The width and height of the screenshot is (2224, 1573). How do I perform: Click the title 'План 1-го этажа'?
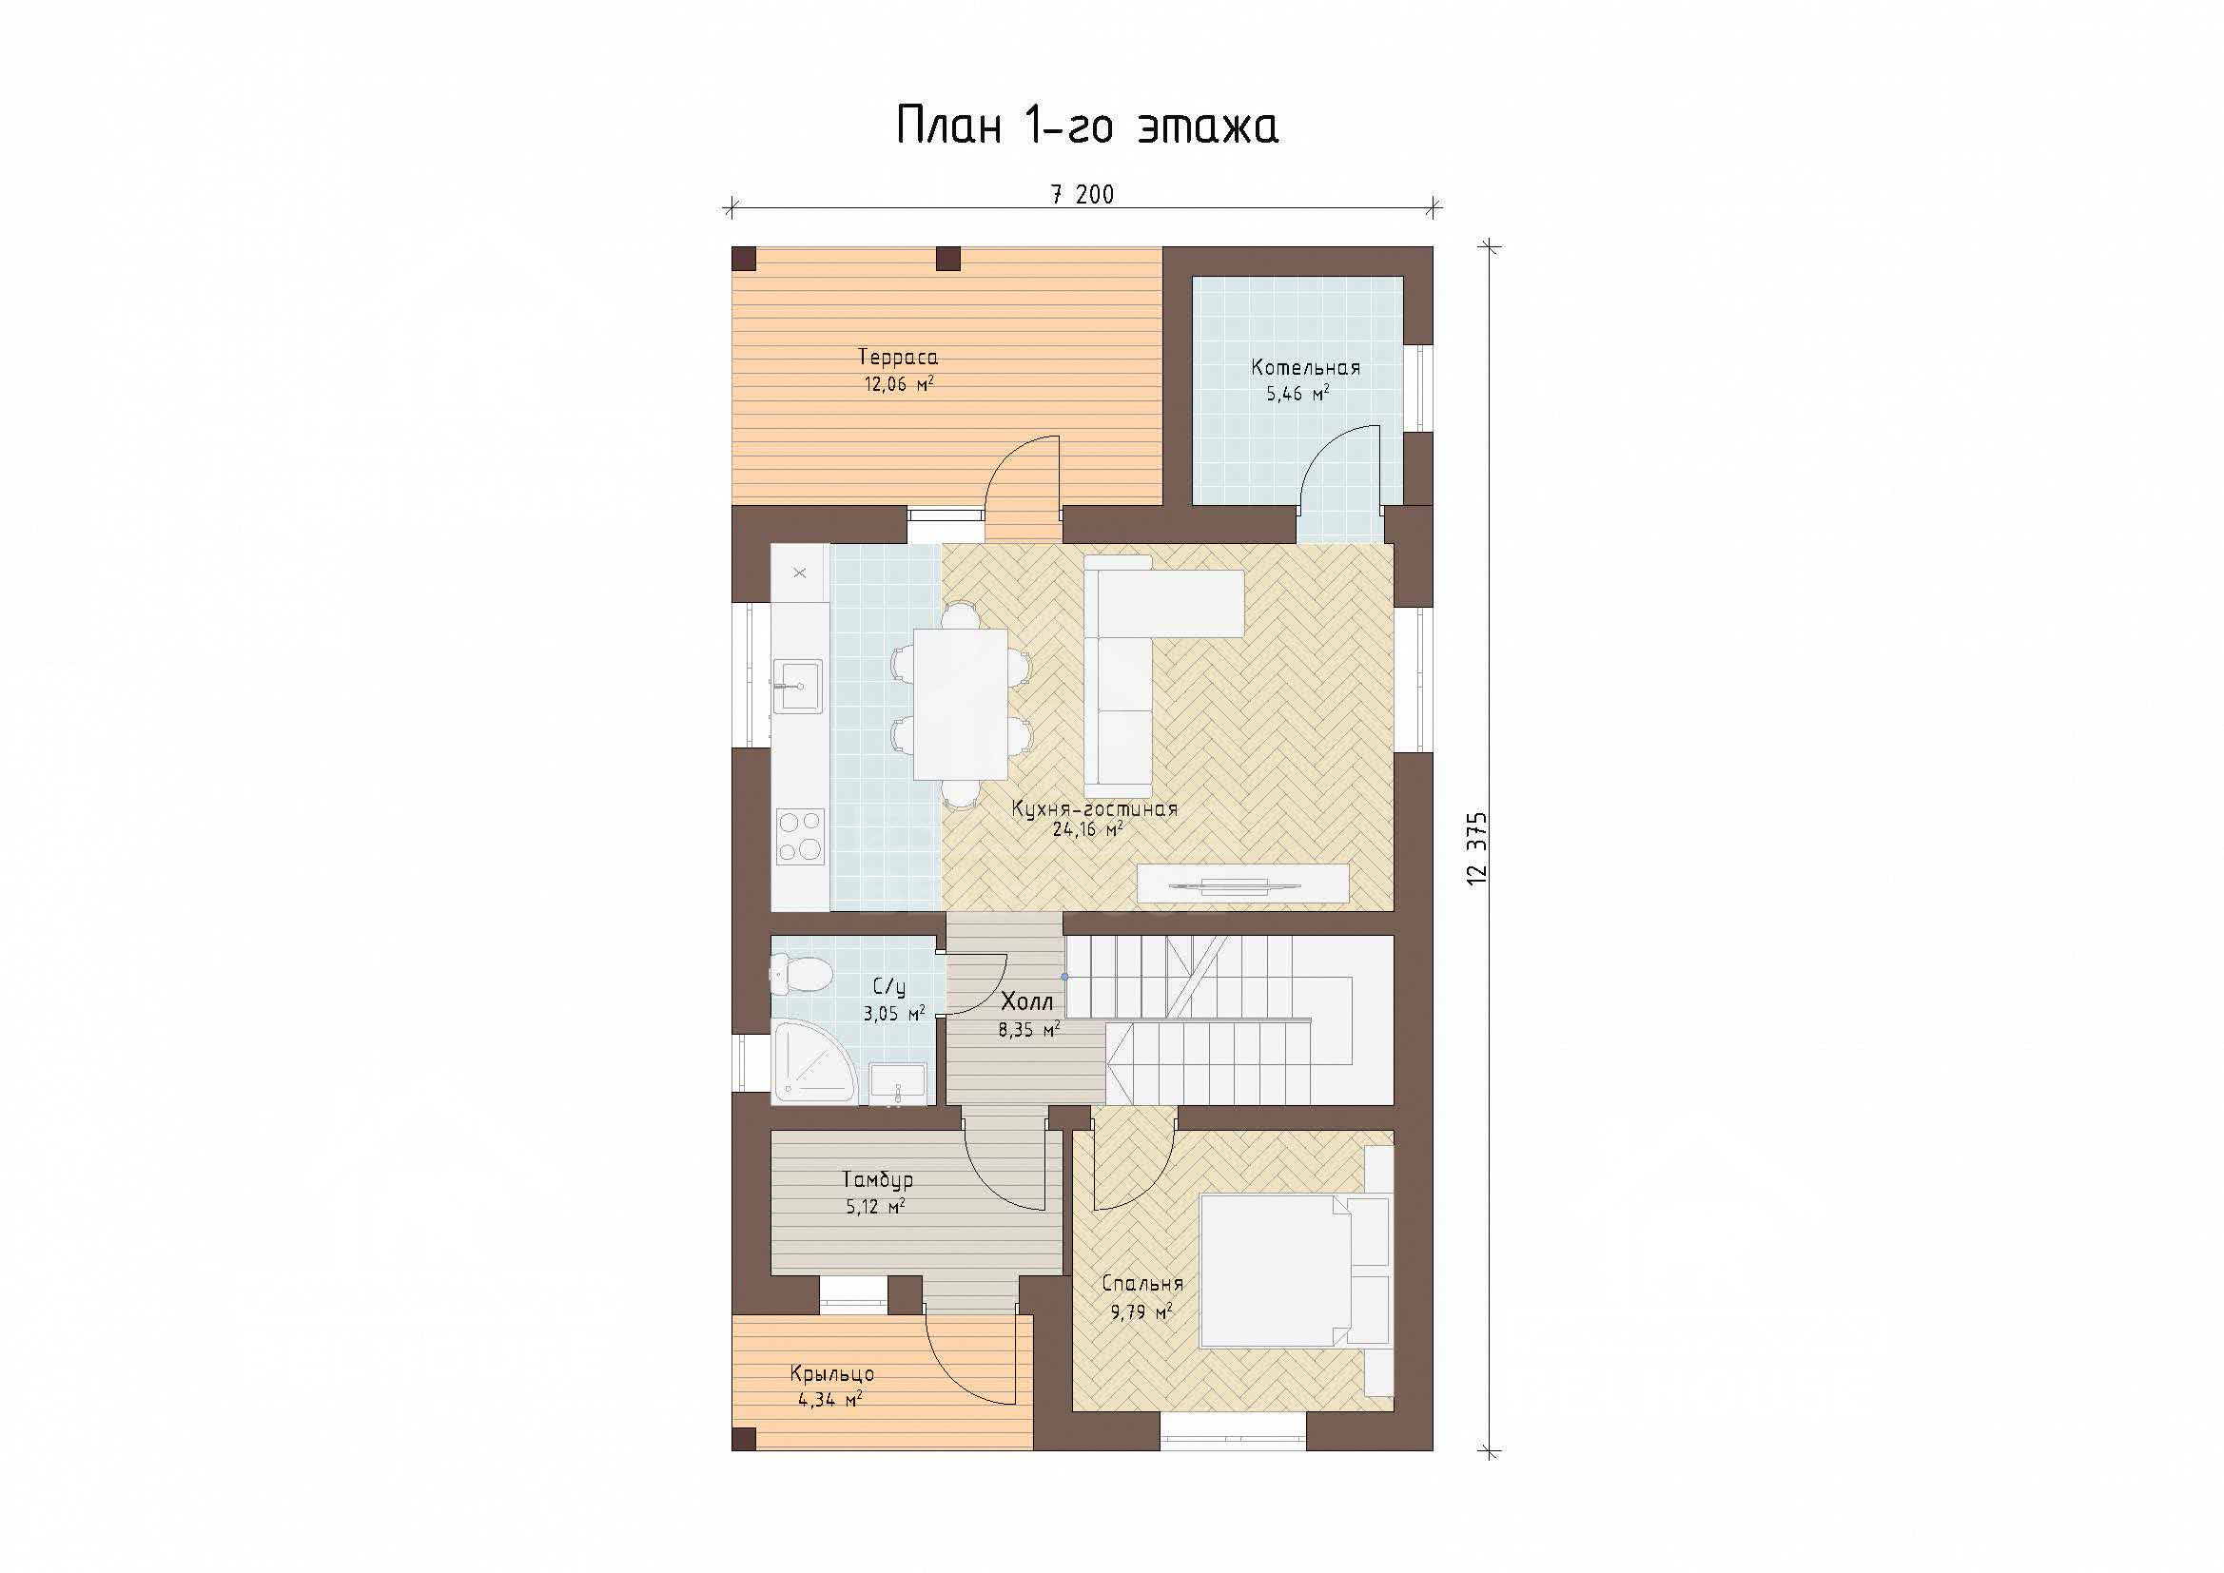(x=1087, y=126)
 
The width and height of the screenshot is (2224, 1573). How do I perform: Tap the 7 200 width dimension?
(x=1082, y=195)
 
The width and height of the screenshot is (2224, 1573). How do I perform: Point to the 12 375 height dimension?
(x=1477, y=845)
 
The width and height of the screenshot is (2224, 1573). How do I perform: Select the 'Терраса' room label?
(x=898, y=358)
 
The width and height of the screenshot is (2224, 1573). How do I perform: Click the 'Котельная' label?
(x=1306, y=368)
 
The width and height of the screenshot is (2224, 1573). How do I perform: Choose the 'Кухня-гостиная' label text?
(x=1095, y=808)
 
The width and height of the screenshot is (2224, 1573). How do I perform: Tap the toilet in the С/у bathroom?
(x=800, y=973)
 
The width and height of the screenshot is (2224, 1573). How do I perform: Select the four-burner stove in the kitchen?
(x=800, y=836)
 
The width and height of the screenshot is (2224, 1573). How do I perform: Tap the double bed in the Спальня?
(x=1295, y=1271)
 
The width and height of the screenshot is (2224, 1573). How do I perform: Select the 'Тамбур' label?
(x=878, y=1181)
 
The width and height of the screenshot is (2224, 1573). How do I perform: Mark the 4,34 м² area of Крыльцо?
(x=830, y=1399)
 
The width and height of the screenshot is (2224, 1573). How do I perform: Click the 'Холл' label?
(x=1026, y=1002)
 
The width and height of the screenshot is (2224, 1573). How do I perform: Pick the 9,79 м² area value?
(x=1140, y=1313)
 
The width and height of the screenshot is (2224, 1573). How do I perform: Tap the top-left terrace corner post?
(x=744, y=259)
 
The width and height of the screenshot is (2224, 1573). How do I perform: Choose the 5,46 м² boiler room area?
(x=1298, y=395)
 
